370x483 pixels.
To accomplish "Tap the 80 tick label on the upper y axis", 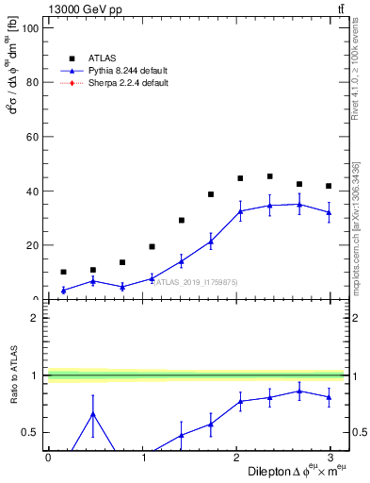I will [30, 82].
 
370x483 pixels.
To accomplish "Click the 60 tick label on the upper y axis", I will [30, 137].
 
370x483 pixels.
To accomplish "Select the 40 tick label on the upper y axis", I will [30, 191].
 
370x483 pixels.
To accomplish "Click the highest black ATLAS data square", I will [269, 176].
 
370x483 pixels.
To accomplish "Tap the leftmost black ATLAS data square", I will [63, 272].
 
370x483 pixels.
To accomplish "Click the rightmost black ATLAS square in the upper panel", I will [329, 186].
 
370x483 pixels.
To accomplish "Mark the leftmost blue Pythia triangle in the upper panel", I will [63, 291].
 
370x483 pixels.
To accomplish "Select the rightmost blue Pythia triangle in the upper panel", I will [329, 212].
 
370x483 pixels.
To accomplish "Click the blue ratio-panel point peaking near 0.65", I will [92, 413].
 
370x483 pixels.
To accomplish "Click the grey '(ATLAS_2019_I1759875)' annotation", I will [196, 281].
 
